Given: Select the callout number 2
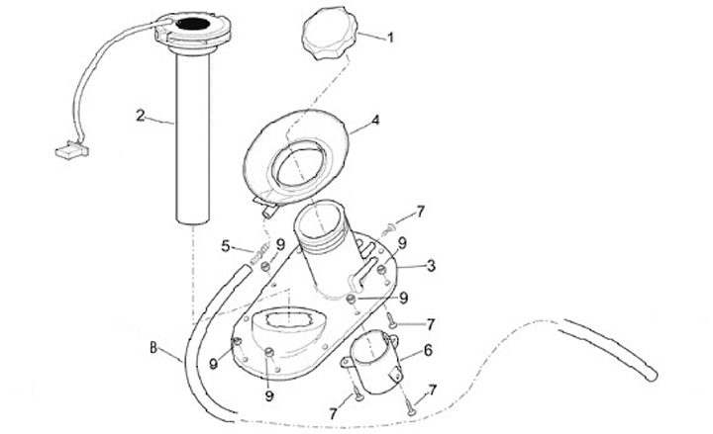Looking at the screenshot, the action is tap(141, 116).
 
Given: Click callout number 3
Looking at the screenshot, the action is tap(431, 265).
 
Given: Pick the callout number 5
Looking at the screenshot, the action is tap(226, 245).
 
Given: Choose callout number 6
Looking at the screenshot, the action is tap(428, 350).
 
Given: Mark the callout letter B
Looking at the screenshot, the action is tap(153, 348).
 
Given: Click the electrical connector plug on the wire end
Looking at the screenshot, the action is tap(66, 153).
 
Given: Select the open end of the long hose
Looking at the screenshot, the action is tap(651, 373).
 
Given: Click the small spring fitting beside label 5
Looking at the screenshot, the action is tap(262, 260).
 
